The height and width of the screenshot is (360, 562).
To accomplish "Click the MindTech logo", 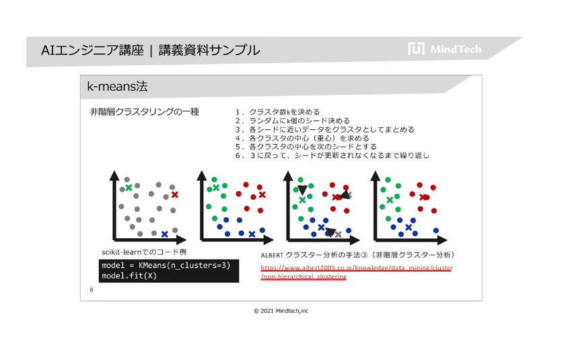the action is (x=444, y=48).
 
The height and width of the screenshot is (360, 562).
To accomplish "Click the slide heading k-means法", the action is (x=117, y=86).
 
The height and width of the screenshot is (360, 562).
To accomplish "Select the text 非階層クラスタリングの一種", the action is (x=144, y=112).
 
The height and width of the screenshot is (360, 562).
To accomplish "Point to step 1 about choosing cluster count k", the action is (x=277, y=112).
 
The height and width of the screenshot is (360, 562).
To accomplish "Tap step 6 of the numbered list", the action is (x=332, y=155).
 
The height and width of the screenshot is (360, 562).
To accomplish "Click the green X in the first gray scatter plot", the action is (x=129, y=187).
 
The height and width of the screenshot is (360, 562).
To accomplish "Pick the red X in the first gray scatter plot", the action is (x=174, y=194).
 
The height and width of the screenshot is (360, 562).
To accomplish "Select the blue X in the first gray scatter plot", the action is (x=164, y=234).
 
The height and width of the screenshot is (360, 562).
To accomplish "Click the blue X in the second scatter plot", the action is (x=252, y=234).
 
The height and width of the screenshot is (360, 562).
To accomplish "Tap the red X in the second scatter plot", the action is (x=262, y=194).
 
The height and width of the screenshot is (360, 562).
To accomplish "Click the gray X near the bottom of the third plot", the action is (x=338, y=235).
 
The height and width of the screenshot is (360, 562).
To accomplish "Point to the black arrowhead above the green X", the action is (x=302, y=190).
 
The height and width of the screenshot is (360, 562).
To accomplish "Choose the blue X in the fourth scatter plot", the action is (x=409, y=227).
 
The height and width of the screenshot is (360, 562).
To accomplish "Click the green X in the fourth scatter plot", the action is (x=390, y=200).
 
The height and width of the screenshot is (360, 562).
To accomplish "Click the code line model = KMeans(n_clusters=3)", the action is (x=166, y=265).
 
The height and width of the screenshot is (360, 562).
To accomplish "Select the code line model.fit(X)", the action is (x=129, y=276).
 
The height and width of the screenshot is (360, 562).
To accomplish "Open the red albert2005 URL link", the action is (x=356, y=272).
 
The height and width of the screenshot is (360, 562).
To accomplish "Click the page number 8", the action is (x=92, y=290).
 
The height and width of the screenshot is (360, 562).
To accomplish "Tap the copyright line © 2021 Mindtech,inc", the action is (x=281, y=311).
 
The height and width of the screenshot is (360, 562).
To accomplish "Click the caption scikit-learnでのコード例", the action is (x=144, y=252).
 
